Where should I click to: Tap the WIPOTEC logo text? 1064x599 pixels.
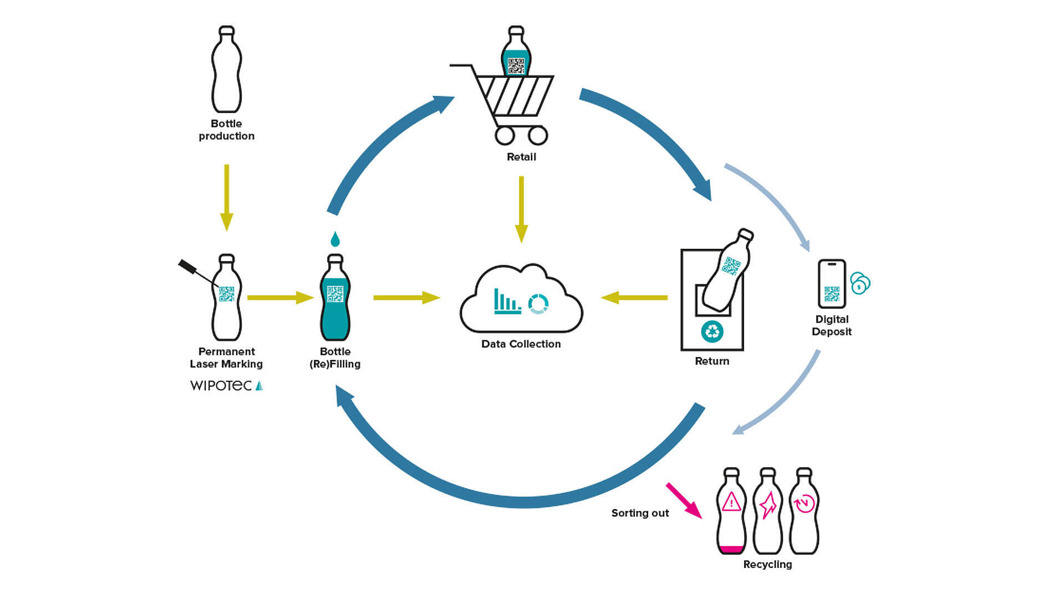coord(221,385)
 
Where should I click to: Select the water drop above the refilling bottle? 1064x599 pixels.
coord(335,239)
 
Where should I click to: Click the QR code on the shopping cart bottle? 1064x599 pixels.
coord(516,66)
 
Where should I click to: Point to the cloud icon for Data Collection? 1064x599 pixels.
coord(521,299)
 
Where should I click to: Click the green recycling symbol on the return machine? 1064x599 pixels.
coord(712,332)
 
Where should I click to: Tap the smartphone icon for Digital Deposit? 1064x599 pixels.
coord(832,283)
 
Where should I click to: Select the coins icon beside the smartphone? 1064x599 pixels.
coord(860,283)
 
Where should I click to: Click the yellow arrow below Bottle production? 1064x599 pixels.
coord(226,197)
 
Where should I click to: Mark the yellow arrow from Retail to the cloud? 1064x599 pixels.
coord(521,209)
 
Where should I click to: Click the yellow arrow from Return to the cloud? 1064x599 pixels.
coord(634,298)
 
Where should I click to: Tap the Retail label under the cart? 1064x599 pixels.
coord(521,157)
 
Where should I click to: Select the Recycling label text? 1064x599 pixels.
coord(767,565)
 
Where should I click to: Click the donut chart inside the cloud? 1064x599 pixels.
coord(538,304)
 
